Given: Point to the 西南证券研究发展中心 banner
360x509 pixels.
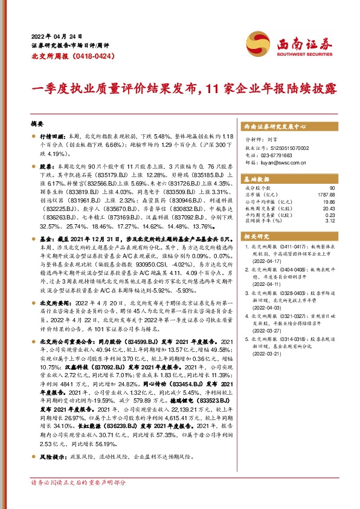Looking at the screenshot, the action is click(274, 127).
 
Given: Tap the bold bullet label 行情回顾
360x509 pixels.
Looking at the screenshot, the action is click(51, 137).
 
